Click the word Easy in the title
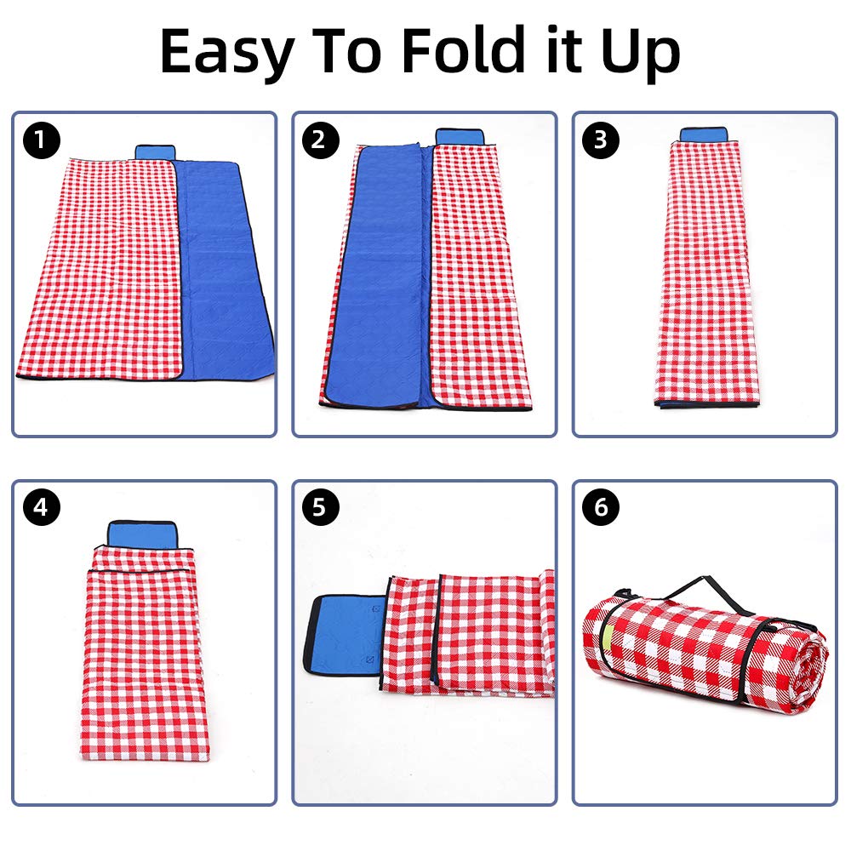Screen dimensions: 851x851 pos(227,53)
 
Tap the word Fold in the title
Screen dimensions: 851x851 pos(463,49)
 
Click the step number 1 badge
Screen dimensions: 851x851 pos(41,140)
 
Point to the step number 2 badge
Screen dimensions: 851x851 pos(320,140)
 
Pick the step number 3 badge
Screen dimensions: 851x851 pos(600,140)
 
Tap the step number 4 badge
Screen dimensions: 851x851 pos(41,507)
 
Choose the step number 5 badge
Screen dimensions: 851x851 pos(320,507)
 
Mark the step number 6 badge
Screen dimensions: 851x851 pos(600,507)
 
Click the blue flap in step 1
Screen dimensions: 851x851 pos(155,152)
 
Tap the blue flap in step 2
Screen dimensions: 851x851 pos(460,137)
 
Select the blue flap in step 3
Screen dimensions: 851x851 pos(704,134)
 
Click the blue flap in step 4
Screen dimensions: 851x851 pos(142,534)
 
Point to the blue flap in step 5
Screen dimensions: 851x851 pos(346,634)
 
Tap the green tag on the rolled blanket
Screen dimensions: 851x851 pos(607,635)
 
